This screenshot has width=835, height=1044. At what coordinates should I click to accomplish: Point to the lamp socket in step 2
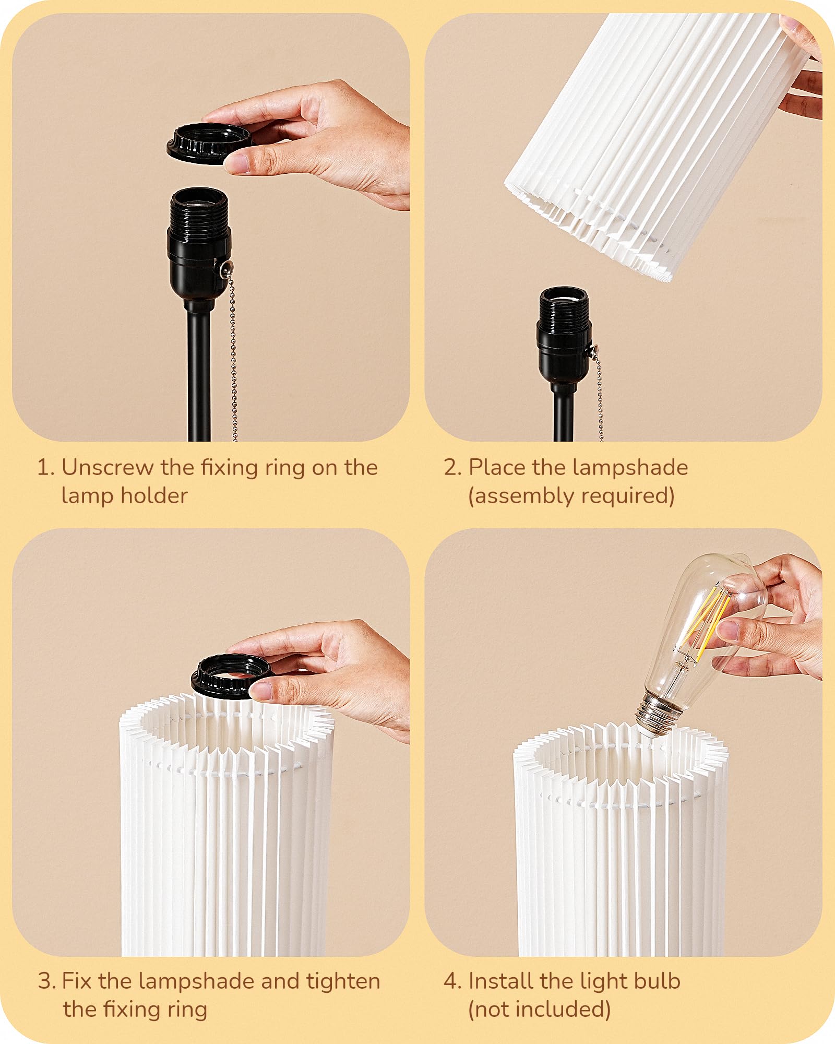click(x=564, y=334)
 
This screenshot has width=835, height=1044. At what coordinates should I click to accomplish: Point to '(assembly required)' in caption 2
click(x=571, y=496)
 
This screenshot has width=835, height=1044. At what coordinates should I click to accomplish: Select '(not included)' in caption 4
click(x=539, y=1010)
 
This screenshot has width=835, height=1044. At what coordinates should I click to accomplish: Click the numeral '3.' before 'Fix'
click(x=47, y=981)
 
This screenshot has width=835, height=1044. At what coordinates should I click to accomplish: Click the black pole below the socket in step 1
click(x=199, y=376)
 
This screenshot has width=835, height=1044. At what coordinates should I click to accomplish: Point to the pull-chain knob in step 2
click(x=593, y=351)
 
